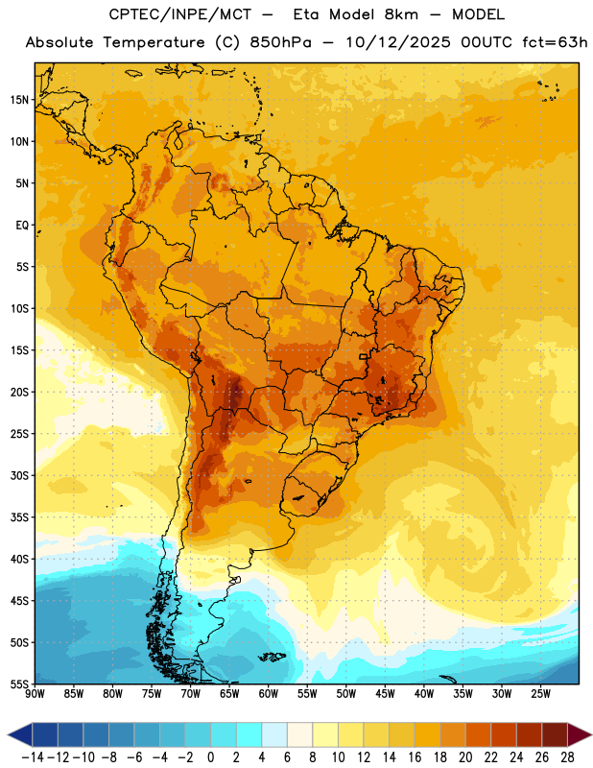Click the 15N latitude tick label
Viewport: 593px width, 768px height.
coord(19,100)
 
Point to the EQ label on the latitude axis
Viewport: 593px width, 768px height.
coord(22,226)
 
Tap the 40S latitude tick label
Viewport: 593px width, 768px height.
coord(19,559)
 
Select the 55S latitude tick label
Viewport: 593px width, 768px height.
coord(19,684)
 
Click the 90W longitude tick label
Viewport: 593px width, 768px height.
coord(35,694)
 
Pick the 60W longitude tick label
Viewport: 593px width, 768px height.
coord(269,694)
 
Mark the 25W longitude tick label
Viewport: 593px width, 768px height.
coord(540,694)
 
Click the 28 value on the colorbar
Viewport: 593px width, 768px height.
coord(567,757)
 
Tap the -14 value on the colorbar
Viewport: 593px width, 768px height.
coord(33,757)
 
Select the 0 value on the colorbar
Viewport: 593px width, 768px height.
coord(210,757)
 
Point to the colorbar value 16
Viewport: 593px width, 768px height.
coord(415,757)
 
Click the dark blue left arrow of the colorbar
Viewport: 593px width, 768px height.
coord(19,734)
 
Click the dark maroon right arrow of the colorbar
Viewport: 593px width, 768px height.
coord(580,734)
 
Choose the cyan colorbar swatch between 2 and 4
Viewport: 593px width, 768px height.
coord(249,734)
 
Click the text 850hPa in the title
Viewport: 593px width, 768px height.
coord(280,42)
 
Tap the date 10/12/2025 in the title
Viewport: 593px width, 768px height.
coord(397,42)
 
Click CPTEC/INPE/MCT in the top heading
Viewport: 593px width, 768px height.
coord(179,14)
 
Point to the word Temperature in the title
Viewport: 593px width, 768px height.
coord(154,43)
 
